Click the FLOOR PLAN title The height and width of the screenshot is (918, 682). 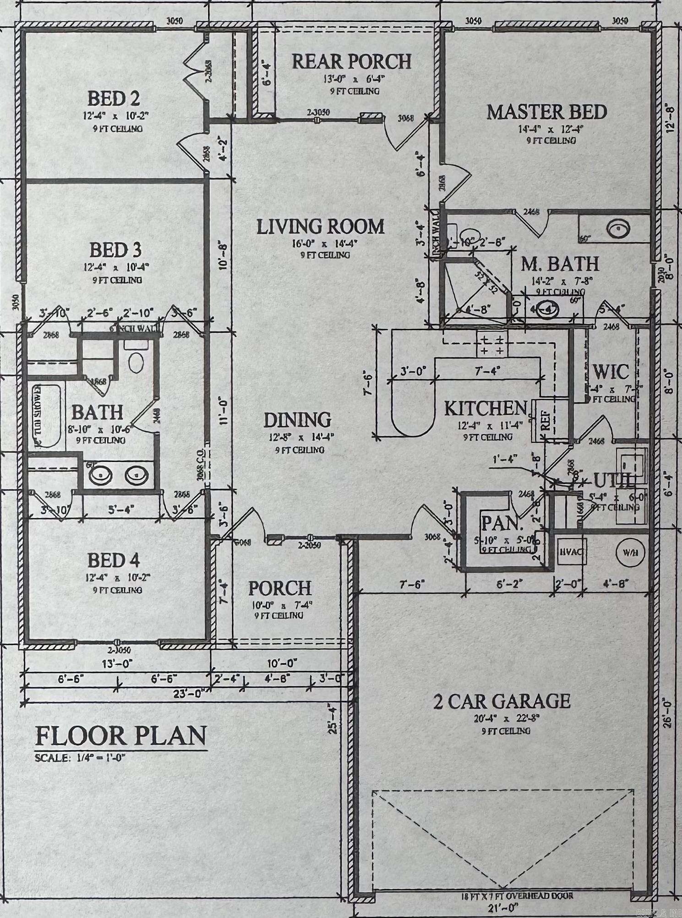(121, 736)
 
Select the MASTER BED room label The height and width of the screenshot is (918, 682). (546, 112)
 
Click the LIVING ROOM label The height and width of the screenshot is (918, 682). (320, 227)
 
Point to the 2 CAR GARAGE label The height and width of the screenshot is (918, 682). (502, 701)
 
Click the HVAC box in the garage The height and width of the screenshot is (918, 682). (570, 552)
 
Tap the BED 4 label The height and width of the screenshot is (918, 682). (114, 560)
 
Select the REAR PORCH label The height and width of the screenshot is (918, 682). (352, 62)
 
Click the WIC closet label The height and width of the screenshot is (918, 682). (611, 372)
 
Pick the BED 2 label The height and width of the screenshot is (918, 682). (114, 98)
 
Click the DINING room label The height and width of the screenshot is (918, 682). (297, 420)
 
